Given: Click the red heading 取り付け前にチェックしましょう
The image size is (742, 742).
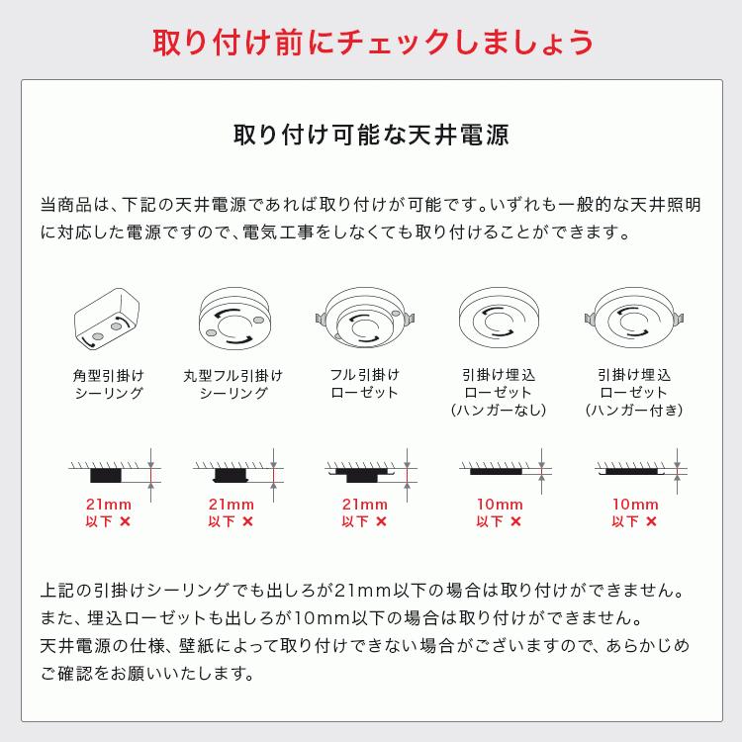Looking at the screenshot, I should (x=371, y=43).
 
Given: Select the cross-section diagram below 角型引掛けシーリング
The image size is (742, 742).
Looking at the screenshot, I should (x=109, y=470).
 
